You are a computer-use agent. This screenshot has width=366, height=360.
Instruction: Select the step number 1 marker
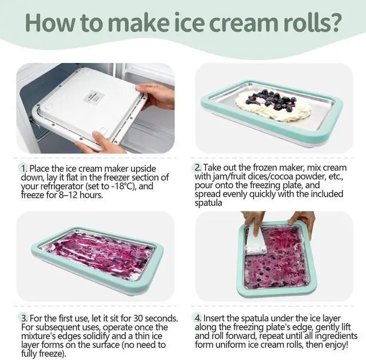coord(24,168)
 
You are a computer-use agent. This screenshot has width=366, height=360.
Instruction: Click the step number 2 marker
coord(198,168)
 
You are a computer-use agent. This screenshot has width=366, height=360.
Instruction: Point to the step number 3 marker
coord(24,318)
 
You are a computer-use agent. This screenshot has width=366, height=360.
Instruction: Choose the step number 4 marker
coord(198,318)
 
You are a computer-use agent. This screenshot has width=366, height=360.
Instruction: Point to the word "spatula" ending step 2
coord(208,203)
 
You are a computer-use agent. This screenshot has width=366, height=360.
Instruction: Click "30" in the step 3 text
coord(138,318)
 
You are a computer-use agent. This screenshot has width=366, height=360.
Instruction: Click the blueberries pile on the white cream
coord(271,101)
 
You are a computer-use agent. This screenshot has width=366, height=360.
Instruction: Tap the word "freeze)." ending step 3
coord(52,354)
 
